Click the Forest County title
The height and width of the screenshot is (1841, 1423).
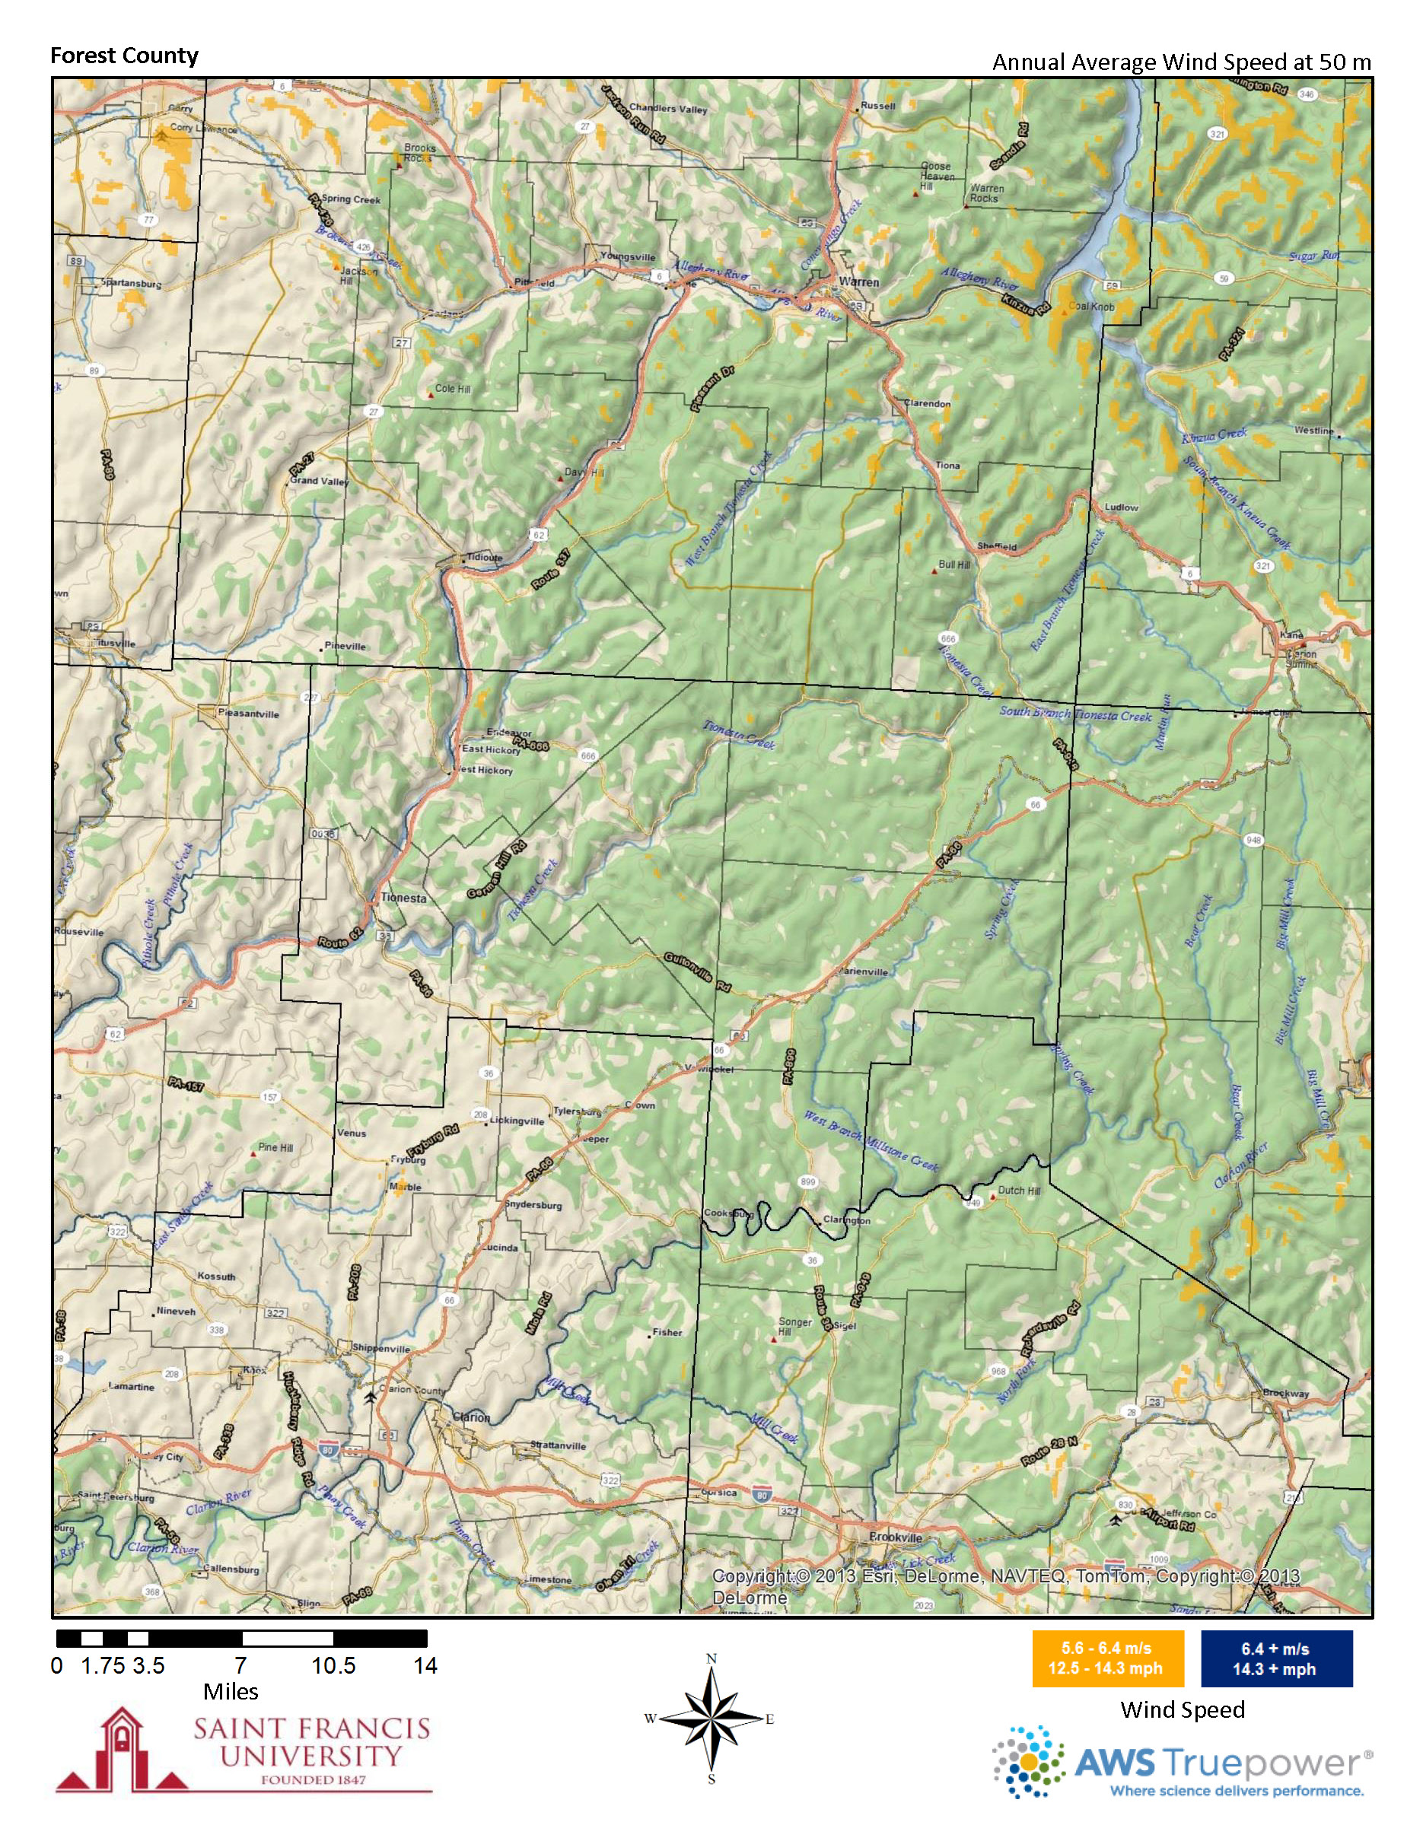[124, 56]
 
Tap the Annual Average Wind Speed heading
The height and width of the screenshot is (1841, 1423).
[1181, 62]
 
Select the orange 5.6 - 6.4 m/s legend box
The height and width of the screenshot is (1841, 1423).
[1108, 1658]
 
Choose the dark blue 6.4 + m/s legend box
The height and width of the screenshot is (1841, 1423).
[1275, 1658]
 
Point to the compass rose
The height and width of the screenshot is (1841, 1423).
[711, 1719]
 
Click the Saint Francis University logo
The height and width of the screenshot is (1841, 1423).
[244, 1749]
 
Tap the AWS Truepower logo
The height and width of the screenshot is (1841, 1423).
[1180, 1763]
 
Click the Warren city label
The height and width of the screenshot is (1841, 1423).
[859, 282]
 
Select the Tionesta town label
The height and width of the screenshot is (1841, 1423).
[404, 898]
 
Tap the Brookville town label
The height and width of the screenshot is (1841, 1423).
[896, 1537]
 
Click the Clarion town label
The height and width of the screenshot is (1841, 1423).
[471, 1417]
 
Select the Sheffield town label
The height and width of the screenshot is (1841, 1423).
[998, 546]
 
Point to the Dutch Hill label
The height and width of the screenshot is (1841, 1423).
[1019, 1191]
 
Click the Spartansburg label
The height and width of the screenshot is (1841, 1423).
[131, 283]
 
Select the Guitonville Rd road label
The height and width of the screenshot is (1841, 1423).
[697, 972]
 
